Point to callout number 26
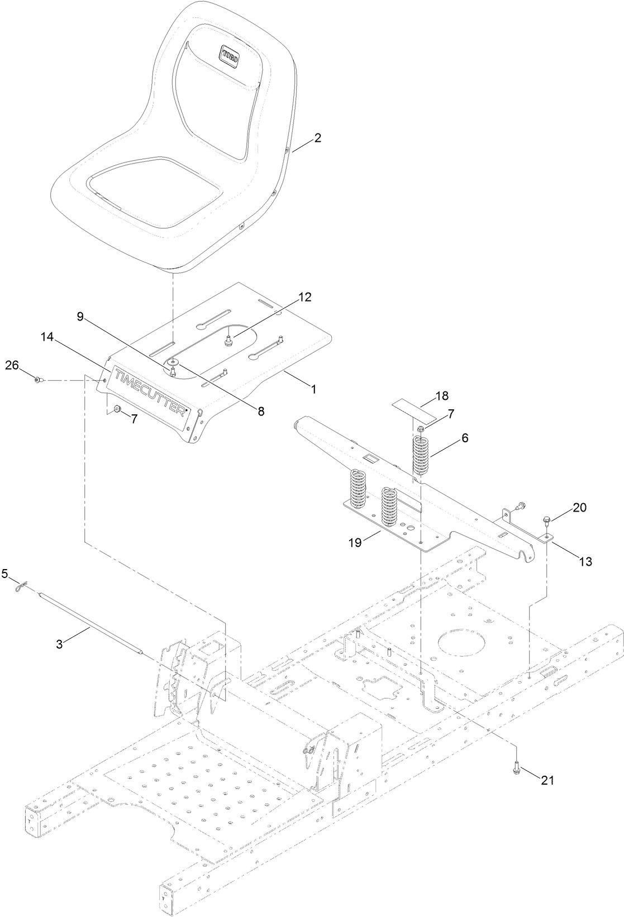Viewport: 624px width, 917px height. click(12, 365)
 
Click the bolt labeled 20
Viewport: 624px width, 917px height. click(545, 522)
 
